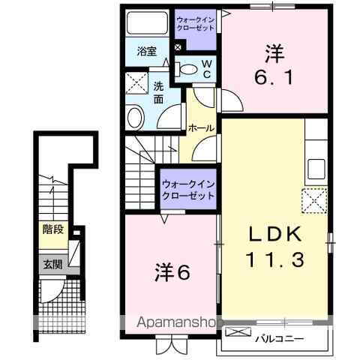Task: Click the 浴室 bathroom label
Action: (146, 51)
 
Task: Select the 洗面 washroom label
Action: (159, 91)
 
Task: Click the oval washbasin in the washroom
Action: (135, 117)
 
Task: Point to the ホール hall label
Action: (201, 128)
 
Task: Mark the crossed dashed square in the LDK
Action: (314, 199)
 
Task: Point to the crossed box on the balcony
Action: (236, 331)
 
